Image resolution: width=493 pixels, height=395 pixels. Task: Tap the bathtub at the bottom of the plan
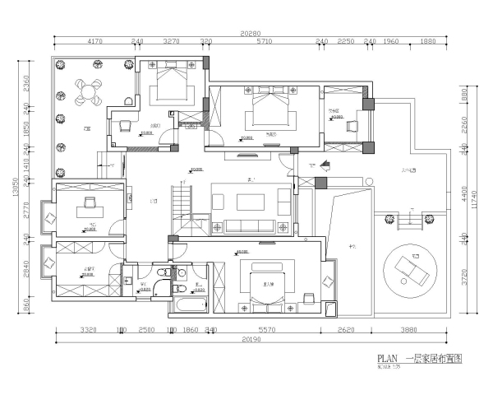(x=188, y=308)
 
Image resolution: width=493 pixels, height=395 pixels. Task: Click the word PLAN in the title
(x=387, y=358)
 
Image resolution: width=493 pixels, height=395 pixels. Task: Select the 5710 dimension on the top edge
(x=263, y=41)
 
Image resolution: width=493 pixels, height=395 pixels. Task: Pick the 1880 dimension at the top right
(x=427, y=41)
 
